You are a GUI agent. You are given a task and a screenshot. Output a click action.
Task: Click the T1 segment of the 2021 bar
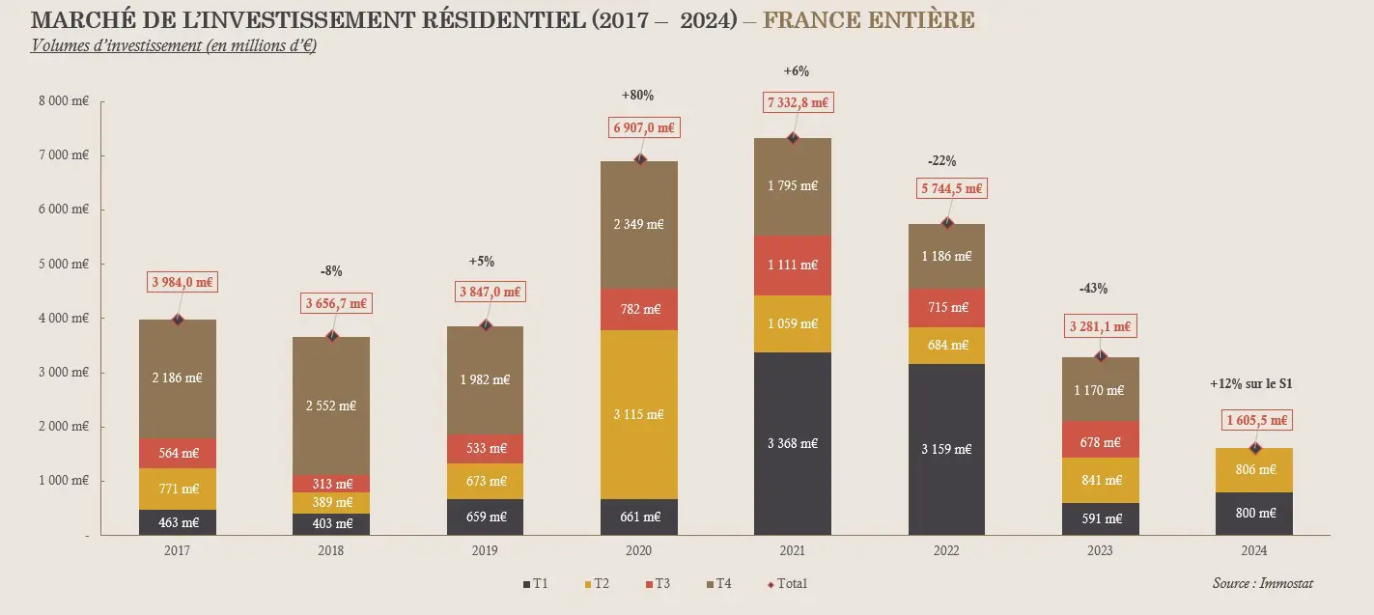pyautogui.click(x=792, y=443)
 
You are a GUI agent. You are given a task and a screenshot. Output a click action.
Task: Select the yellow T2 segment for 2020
pyautogui.click(x=638, y=414)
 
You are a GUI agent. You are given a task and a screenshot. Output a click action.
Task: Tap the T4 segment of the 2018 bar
pyautogui.click(x=331, y=405)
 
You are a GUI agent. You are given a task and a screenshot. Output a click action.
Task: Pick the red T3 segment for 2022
pyautogui.click(x=946, y=307)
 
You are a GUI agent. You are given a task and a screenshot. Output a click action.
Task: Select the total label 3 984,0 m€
pyautogui.click(x=182, y=282)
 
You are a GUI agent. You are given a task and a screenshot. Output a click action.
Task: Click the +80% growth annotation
pyautogui.click(x=637, y=95)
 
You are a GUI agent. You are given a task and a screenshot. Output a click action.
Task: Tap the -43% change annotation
pyautogui.click(x=1093, y=288)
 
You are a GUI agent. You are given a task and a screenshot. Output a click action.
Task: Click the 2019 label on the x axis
pyautogui.click(x=485, y=550)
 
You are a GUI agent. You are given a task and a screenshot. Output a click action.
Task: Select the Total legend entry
pyautogui.click(x=787, y=583)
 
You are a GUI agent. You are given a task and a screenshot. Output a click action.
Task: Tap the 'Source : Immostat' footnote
pyautogui.click(x=1262, y=583)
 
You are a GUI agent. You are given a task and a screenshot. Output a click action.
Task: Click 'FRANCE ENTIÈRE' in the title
pyautogui.click(x=867, y=20)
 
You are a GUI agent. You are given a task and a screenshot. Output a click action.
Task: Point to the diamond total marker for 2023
pyautogui.click(x=1101, y=356)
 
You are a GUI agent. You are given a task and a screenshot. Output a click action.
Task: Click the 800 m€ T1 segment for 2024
pyautogui.click(x=1253, y=513)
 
